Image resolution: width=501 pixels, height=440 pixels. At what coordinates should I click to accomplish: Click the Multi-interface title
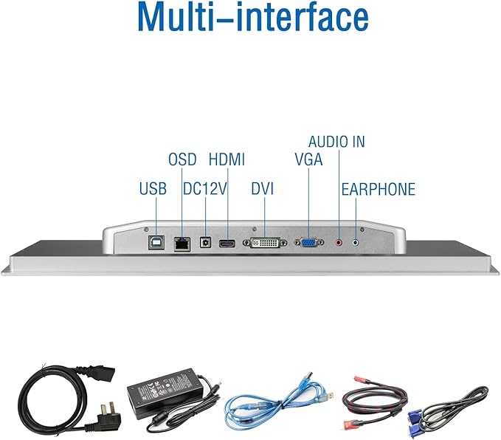[x=253, y=17]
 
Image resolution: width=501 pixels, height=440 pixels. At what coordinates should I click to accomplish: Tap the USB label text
[x=153, y=189]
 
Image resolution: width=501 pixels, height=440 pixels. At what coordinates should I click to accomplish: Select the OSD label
[x=182, y=159]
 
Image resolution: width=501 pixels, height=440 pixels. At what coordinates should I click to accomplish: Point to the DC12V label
[x=205, y=189]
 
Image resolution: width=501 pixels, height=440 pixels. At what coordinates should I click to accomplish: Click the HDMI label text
[x=227, y=159]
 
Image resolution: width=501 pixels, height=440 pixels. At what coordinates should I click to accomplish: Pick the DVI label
[x=263, y=189]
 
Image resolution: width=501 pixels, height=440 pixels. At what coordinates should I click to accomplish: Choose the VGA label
[x=308, y=159]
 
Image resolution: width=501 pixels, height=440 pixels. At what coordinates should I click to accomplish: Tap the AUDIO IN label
[x=336, y=142]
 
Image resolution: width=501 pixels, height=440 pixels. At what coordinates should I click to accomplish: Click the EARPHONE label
[x=379, y=189]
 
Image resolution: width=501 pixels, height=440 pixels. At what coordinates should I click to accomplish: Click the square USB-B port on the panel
[x=156, y=243]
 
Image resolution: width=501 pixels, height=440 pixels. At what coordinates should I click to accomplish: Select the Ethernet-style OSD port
[x=182, y=244]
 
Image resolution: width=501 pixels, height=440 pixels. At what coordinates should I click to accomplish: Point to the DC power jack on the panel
[x=205, y=242]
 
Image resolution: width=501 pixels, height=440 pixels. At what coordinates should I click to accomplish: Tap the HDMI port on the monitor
[x=227, y=244]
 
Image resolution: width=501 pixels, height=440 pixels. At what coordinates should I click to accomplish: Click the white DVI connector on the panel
[x=265, y=243]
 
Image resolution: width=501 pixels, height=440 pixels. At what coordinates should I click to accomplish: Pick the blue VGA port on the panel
[x=308, y=242]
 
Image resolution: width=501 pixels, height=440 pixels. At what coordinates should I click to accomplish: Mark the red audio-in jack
[x=339, y=243]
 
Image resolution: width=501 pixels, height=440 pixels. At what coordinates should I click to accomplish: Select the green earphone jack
[x=356, y=243]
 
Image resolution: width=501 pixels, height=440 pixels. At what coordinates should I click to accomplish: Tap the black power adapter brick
[x=165, y=394]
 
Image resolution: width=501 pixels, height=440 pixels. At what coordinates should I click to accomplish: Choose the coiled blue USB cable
[x=278, y=403]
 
